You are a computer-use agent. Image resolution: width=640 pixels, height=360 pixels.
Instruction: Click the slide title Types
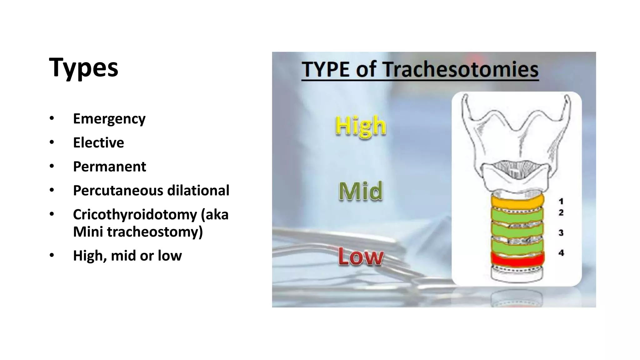tap(83, 68)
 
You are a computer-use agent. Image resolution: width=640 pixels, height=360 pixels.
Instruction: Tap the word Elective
tap(98, 143)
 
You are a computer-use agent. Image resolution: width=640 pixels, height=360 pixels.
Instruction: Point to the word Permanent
tap(109, 167)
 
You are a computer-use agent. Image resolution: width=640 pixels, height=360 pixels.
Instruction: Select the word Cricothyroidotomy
tap(135, 215)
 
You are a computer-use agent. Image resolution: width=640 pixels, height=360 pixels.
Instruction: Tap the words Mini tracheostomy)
tap(138, 232)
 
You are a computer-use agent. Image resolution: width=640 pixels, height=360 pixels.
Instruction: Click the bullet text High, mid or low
tap(127, 256)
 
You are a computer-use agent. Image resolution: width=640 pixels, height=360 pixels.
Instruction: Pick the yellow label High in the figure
tap(361, 126)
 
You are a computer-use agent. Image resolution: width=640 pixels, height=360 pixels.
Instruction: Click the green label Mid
tap(361, 191)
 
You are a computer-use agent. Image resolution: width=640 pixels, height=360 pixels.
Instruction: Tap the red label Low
tap(361, 257)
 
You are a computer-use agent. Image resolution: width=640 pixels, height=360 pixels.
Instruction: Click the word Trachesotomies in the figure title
tap(461, 69)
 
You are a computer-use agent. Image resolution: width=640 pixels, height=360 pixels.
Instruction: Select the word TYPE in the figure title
tap(326, 69)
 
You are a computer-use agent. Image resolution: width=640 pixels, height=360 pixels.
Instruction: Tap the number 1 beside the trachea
tap(561, 201)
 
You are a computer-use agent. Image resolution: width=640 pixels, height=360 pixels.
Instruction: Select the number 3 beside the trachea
tap(561, 232)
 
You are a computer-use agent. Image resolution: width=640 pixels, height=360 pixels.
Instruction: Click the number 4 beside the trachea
tap(561, 252)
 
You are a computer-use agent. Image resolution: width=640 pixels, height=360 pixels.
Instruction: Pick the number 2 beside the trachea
tap(561, 212)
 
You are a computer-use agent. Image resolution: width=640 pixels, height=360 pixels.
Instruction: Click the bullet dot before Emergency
tap(52, 118)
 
